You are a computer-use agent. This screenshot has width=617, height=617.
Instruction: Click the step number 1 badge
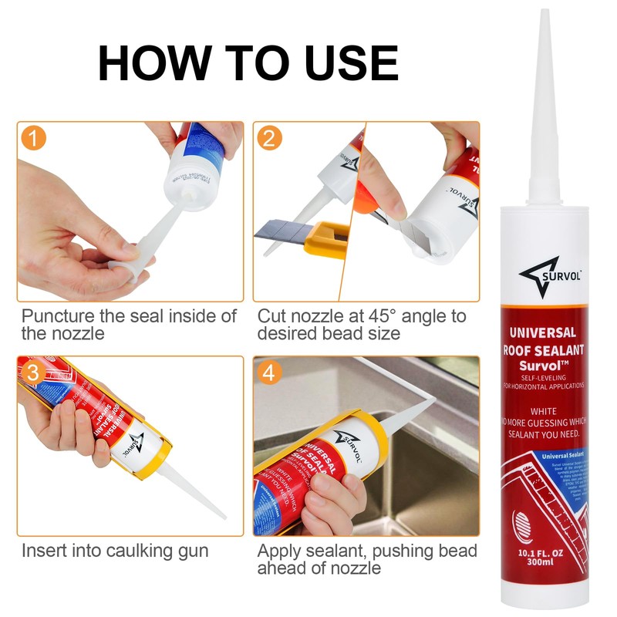click(x=32, y=139)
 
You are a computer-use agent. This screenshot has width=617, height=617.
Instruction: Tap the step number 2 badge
click(x=268, y=139)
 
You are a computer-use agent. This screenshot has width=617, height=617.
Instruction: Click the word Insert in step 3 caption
click(x=42, y=551)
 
